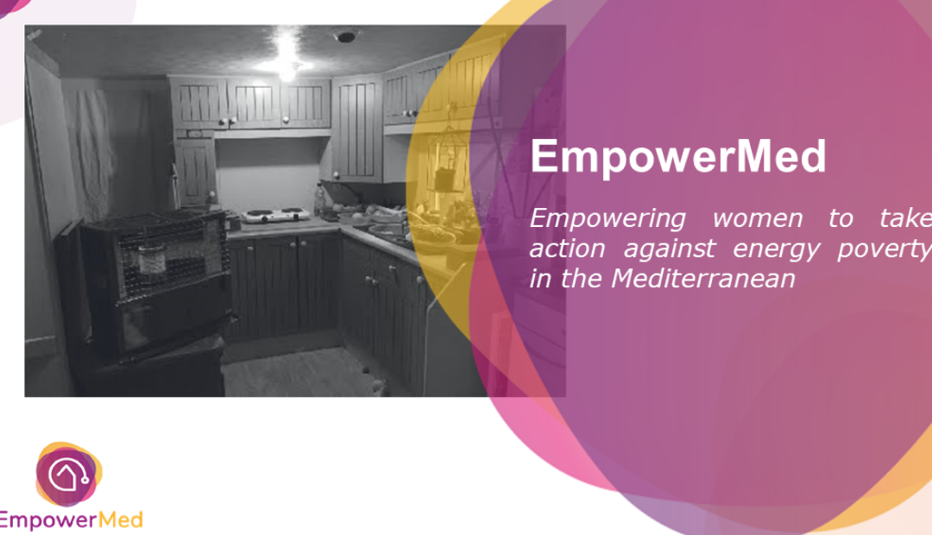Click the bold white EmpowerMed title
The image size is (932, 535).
(678, 155)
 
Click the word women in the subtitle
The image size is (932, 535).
(758, 219)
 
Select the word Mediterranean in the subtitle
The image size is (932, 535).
(703, 278)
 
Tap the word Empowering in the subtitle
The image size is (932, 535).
(608, 219)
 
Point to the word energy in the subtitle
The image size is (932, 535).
(776, 249)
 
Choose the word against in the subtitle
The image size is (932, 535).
(670, 249)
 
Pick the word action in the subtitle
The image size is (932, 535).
(567, 249)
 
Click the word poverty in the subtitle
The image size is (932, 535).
(885, 249)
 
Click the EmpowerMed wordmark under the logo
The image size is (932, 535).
(71, 520)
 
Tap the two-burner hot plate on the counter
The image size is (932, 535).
(276, 215)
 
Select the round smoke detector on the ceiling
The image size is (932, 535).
(345, 37)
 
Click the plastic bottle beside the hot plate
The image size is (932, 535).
(320, 200)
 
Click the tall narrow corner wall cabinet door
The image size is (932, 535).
(357, 128)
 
